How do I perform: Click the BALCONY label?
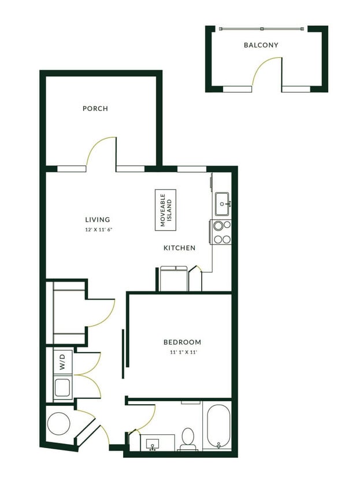pyautogui.click(x=261, y=45)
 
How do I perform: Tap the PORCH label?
pyautogui.click(x=95, y=109)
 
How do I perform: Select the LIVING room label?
pyautogui.click(x=97, y=220)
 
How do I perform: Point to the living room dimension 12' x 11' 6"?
pyautogui.click(x=97, y=230)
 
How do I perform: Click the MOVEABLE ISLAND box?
pyautogui.click(x=166, y=210)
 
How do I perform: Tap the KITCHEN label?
pyautogui.click(x=179, y=248)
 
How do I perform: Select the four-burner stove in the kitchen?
pyautogui.click(x=221, y=232)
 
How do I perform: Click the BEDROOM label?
pyautogui.click(x=182, y=342)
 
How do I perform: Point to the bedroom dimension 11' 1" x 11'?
pyautogui.click(x=182, y=352)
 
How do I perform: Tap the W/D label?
pyautogui.click(x=62, y=364)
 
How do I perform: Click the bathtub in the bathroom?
pyautogui.click(x=217, y=427)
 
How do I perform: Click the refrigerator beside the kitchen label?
pyautogui.click(x=173, y=278)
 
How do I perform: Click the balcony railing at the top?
pyautogui.click(x=261, y=28)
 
